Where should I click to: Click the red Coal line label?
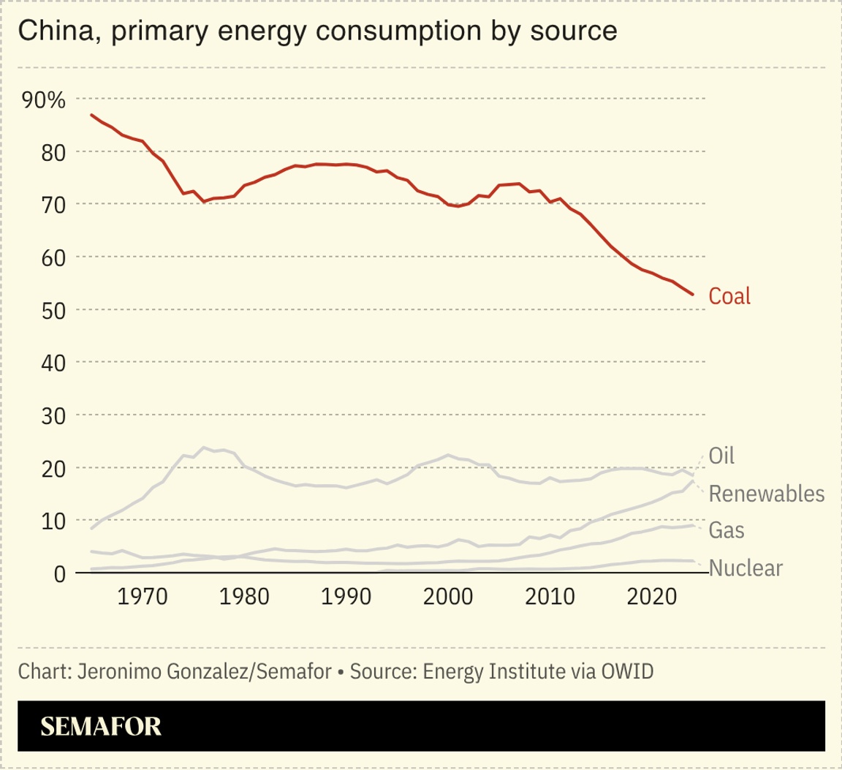pos(729,296)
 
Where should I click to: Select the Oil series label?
pos(721,456)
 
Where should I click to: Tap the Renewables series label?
pos(767,494)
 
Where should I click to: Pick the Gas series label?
pos(727,530)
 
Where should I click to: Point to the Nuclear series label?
pos(746,568)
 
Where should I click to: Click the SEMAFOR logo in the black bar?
pos(101,726)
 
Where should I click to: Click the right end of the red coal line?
pos(693,295)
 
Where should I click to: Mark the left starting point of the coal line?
pos(91,115)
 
